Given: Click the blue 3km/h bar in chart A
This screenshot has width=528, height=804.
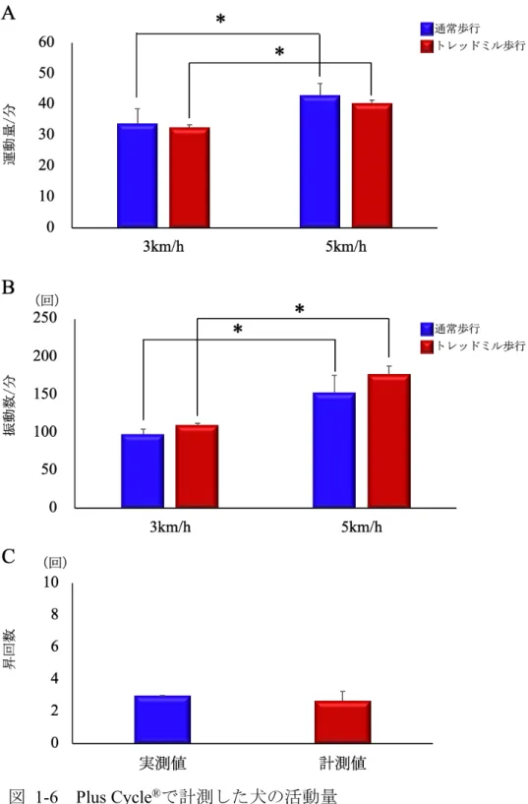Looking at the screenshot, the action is point(138,175).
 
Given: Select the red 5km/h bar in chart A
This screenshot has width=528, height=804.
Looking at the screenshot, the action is point(372,165).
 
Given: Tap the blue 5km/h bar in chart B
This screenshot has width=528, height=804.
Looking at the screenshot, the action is point(334,450).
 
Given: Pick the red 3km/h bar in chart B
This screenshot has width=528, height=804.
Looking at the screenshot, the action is point(197,466).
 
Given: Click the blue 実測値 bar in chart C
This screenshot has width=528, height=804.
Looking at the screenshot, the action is point(162,719).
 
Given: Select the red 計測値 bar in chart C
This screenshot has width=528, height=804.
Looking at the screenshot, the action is point(342,722).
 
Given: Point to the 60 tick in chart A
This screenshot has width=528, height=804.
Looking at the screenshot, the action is point(46,42).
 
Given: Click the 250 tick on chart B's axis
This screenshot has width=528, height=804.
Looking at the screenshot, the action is point(45,318).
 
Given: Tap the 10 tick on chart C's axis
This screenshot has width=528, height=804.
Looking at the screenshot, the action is point(51,582).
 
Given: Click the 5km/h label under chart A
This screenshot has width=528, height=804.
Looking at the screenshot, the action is point(346,247).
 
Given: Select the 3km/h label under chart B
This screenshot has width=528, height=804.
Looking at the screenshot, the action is point(170,527).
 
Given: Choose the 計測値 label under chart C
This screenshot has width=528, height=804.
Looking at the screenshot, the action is point(342,764).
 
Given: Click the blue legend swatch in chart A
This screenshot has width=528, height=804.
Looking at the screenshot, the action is point(427,29).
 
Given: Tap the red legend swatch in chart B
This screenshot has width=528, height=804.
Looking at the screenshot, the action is point(427,346).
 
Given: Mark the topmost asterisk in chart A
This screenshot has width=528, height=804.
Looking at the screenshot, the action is point(220,20).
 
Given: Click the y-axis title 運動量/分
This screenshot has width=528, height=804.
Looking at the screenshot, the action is point(10,135).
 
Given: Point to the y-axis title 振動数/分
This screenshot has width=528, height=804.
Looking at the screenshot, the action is point(10,405).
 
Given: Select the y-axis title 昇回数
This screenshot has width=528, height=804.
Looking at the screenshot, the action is point(10,649).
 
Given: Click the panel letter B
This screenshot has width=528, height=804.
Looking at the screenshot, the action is point(8,287).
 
